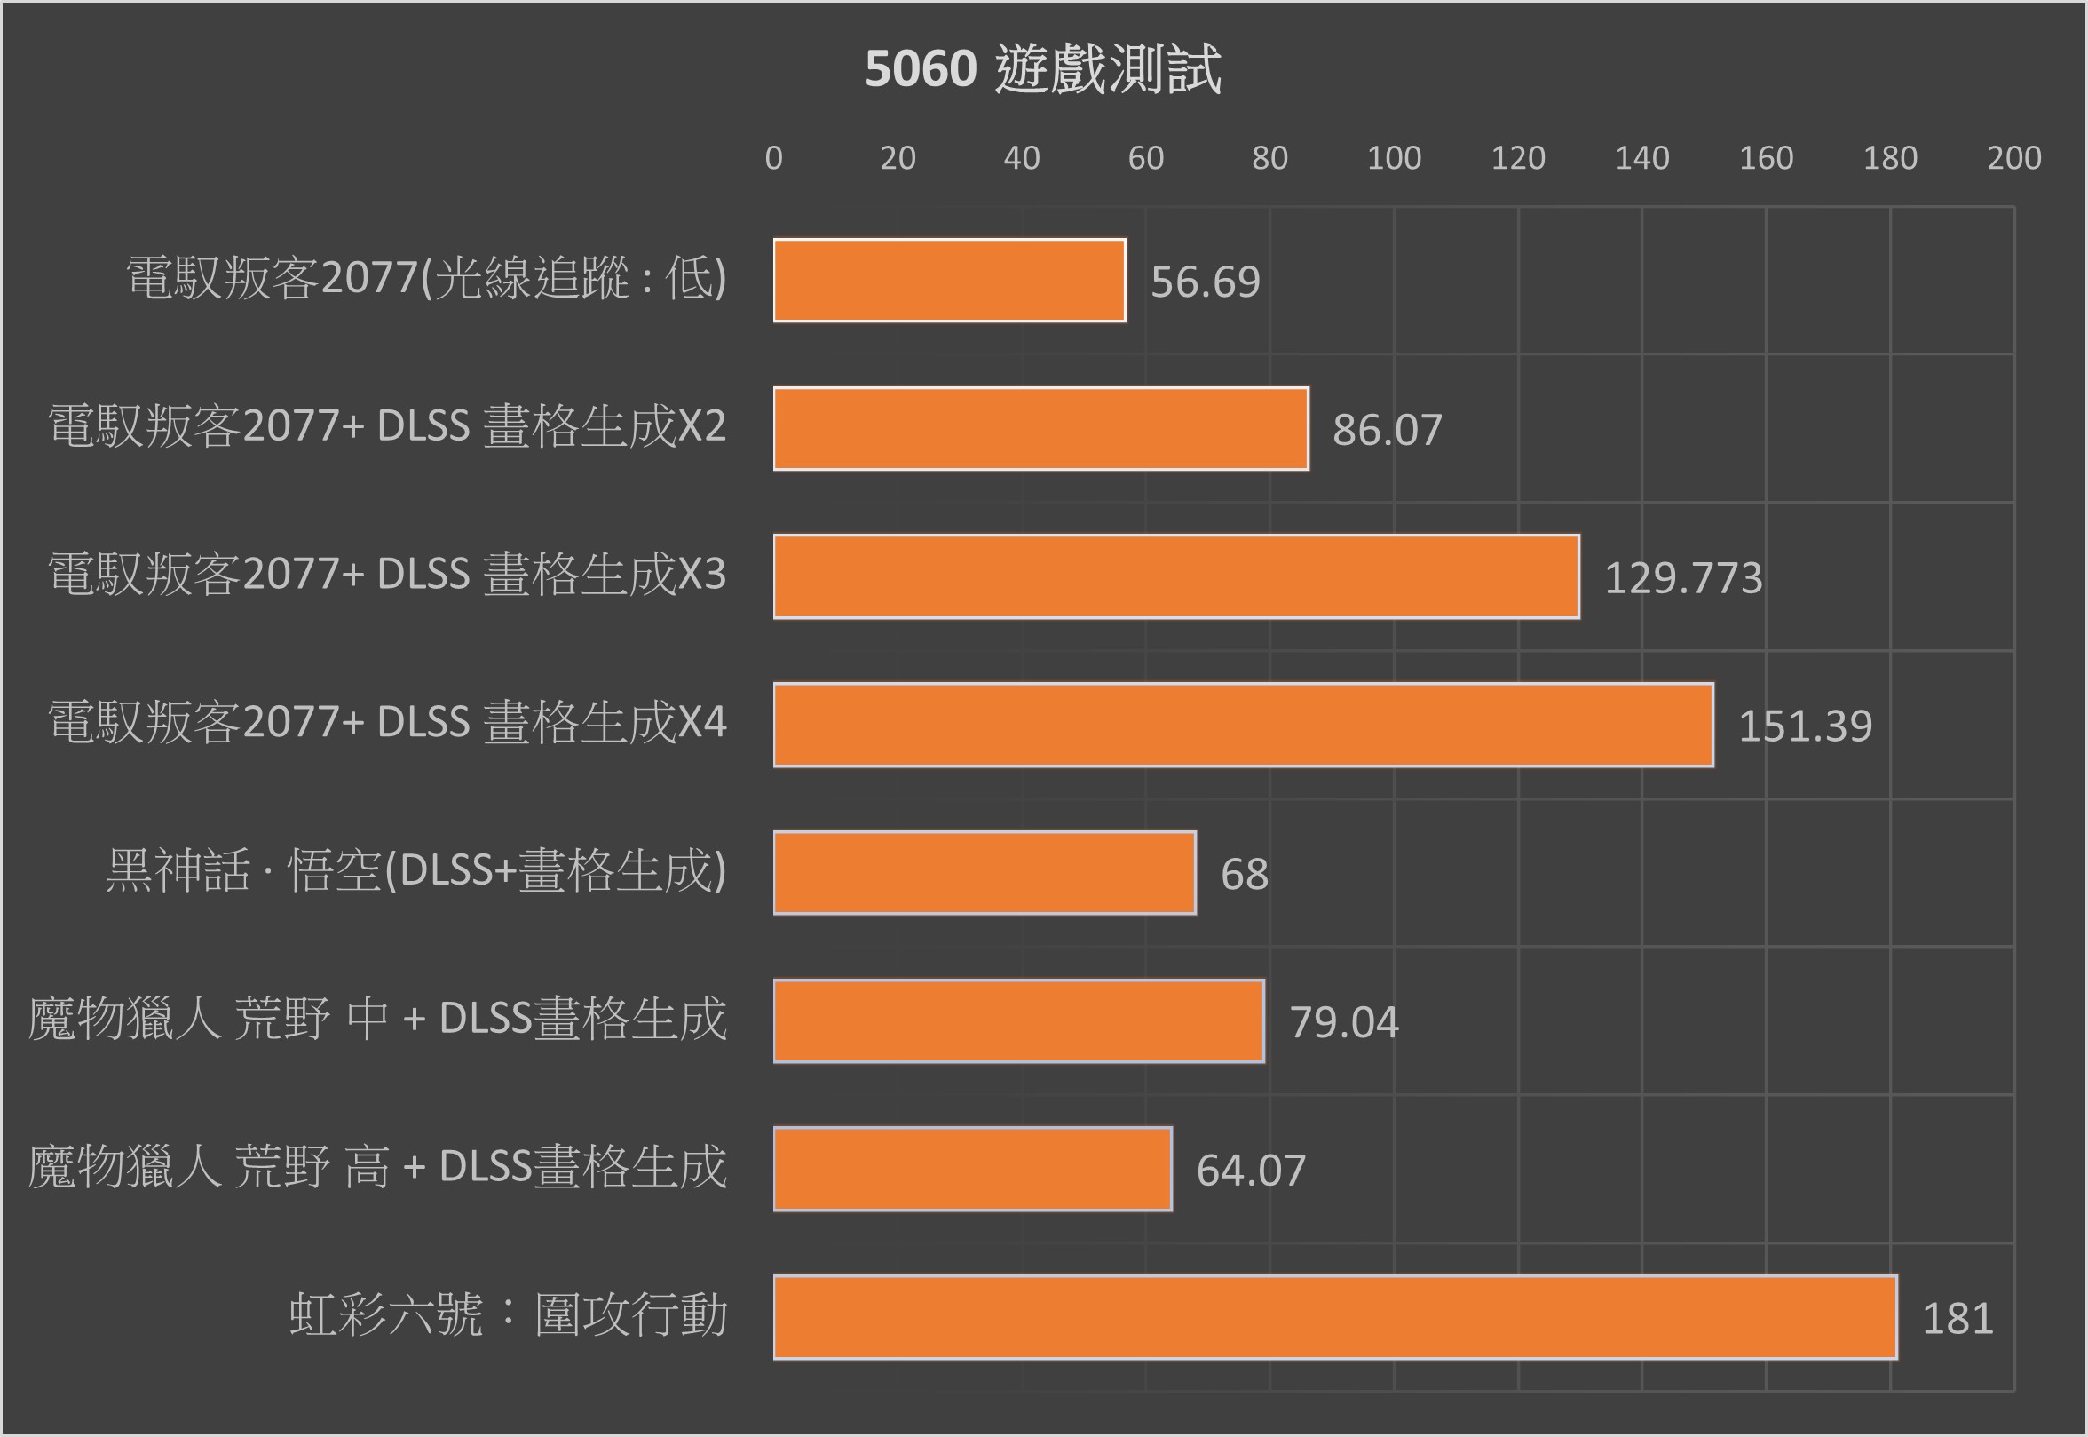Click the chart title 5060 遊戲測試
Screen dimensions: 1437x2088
coord(1042,69)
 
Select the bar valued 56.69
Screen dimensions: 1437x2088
coord(950,280)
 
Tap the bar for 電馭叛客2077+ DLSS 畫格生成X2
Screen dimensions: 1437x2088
coord(1040,429)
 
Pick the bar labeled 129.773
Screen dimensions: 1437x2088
coord(1175,576)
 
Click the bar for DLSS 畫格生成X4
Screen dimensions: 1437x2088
coord(1243,725)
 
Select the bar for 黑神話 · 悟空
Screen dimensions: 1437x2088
coord(985,872)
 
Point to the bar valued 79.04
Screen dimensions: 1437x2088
coord(1019,1021)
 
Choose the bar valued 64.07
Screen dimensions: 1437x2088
coord(972,1169)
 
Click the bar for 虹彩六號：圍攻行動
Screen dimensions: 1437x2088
coord(1334,1317)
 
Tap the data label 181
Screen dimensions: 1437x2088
coord(1957,1319)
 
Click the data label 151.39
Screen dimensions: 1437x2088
coord(1805,726)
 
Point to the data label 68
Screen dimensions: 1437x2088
coord(1244,874)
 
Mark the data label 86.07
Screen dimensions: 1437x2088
coord(1387,431)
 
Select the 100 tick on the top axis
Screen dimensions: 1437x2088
coord(1393,158)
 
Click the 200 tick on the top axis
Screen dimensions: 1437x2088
coord(2013,158)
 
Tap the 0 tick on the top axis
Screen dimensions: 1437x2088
coord(773,158)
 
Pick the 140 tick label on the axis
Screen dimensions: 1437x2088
coord(1641,158)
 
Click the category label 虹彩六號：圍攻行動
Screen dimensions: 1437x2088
coord(508,1315)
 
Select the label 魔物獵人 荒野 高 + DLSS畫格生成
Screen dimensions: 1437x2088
coord(377,1167)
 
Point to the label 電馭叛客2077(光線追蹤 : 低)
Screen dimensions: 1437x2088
coord(426,278)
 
